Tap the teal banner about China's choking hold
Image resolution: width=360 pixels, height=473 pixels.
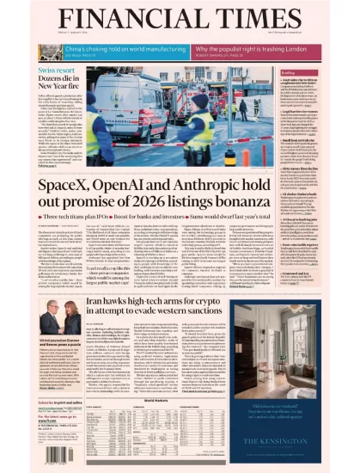[x=119, y=52]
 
